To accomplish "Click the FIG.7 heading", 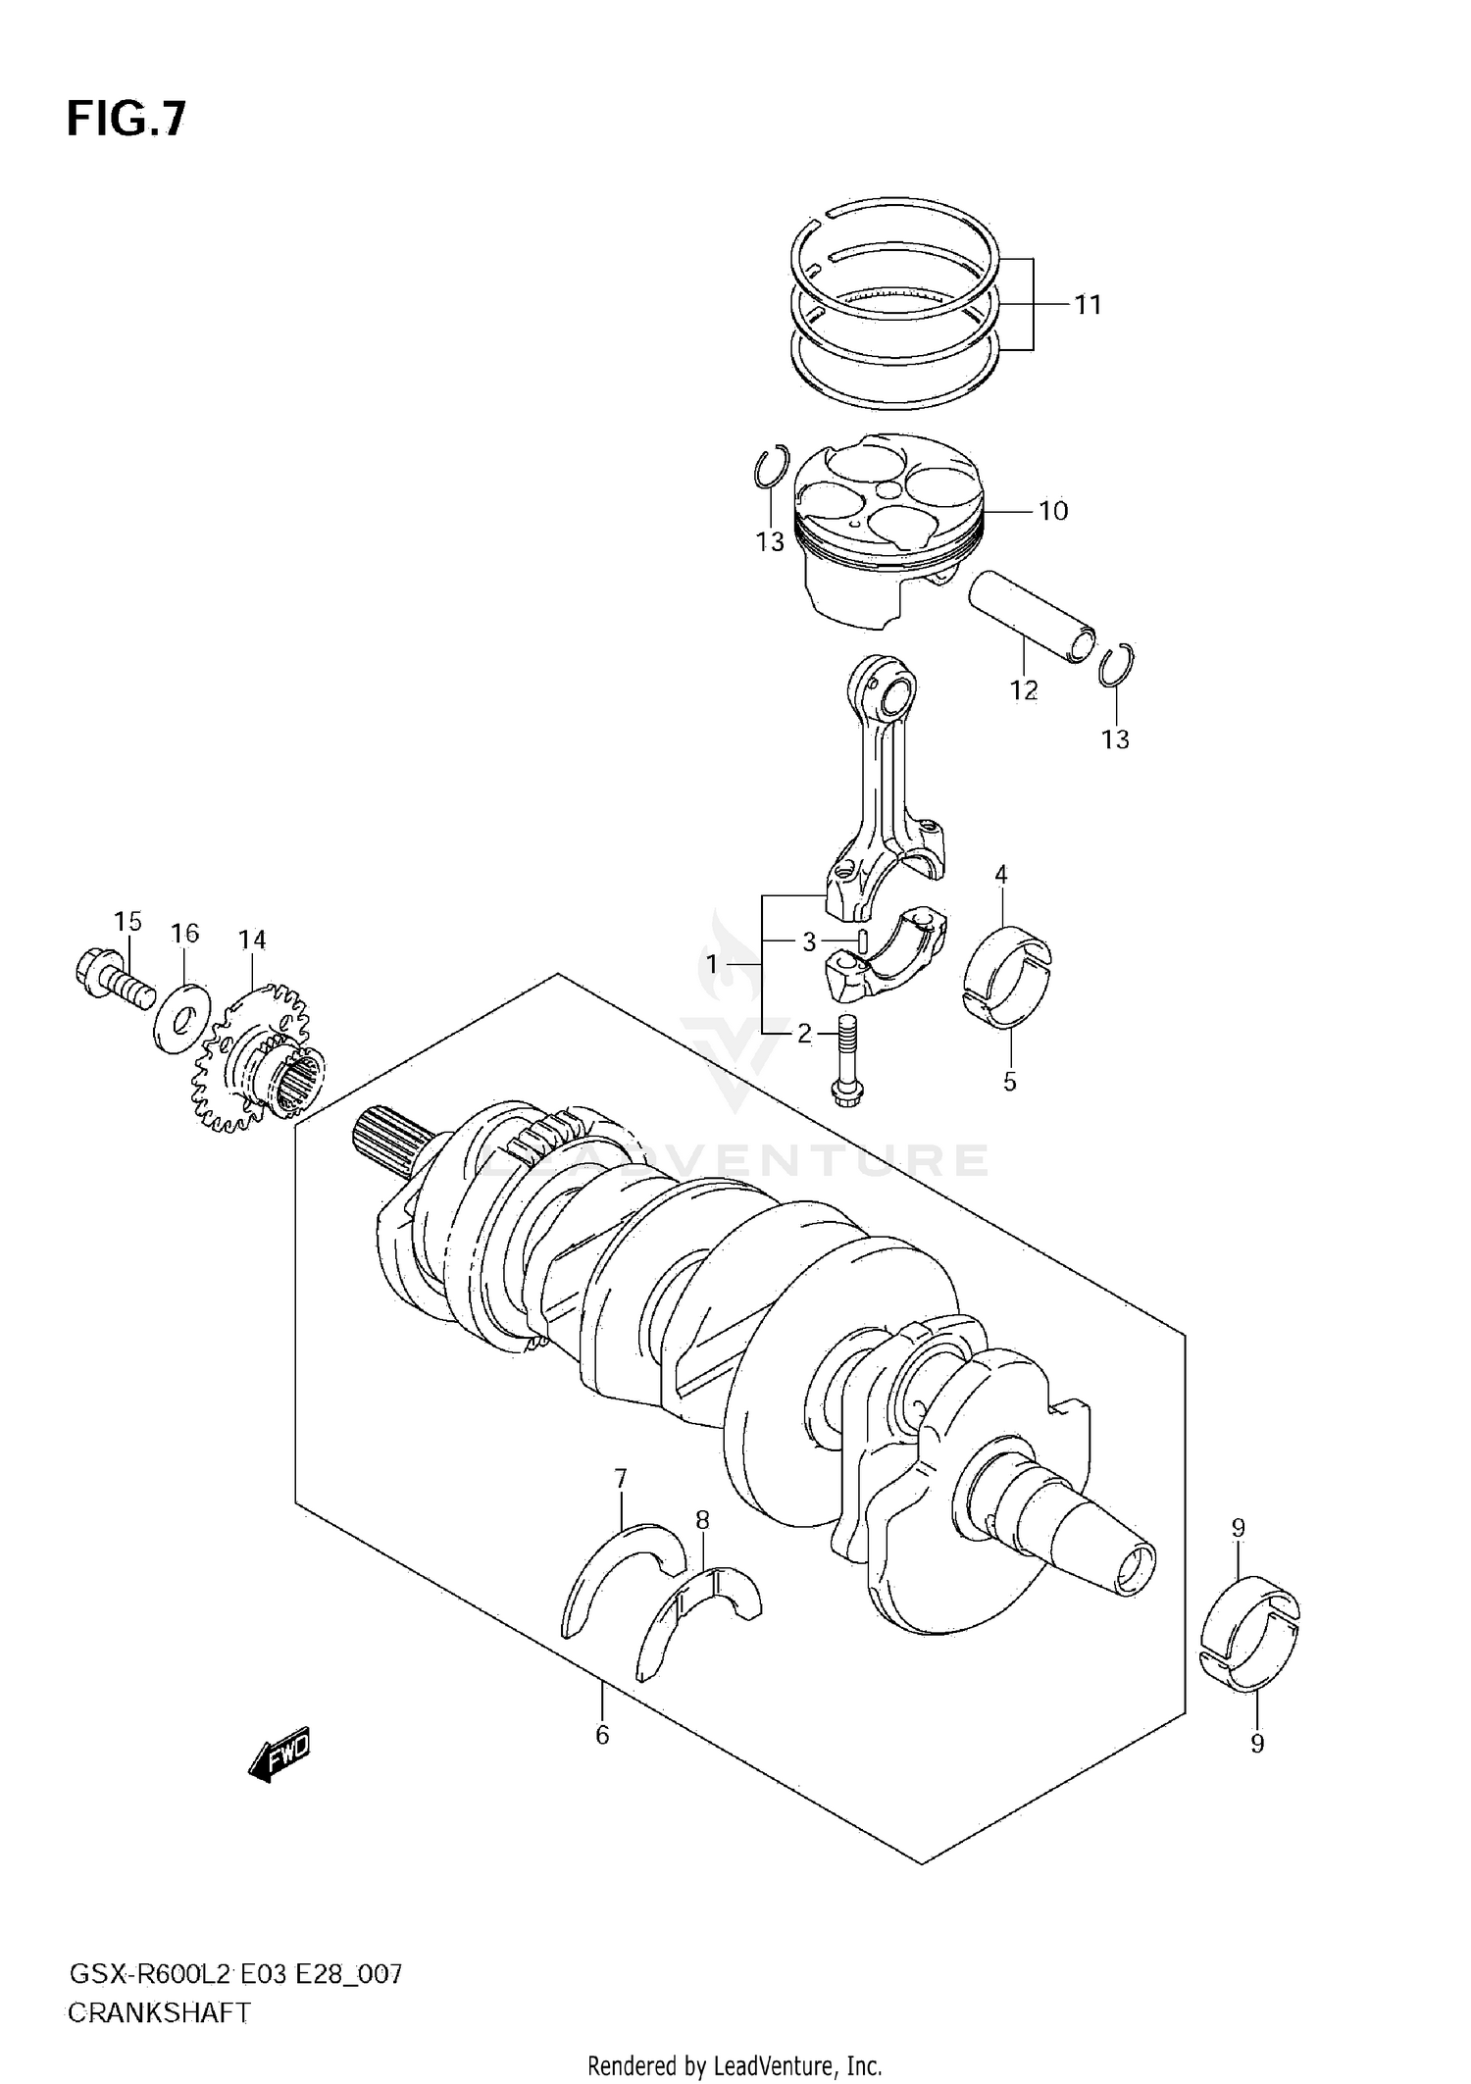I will click(x=126, y=119).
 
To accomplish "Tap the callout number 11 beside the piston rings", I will click(x=1088, y=305).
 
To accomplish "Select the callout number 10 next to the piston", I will click(x=1052, y=511).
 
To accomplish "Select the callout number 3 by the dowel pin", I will click(x=809, y=942).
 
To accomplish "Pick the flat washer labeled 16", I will click(x=182, y=1017).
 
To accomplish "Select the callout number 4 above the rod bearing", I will click(x=1001, y=874).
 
